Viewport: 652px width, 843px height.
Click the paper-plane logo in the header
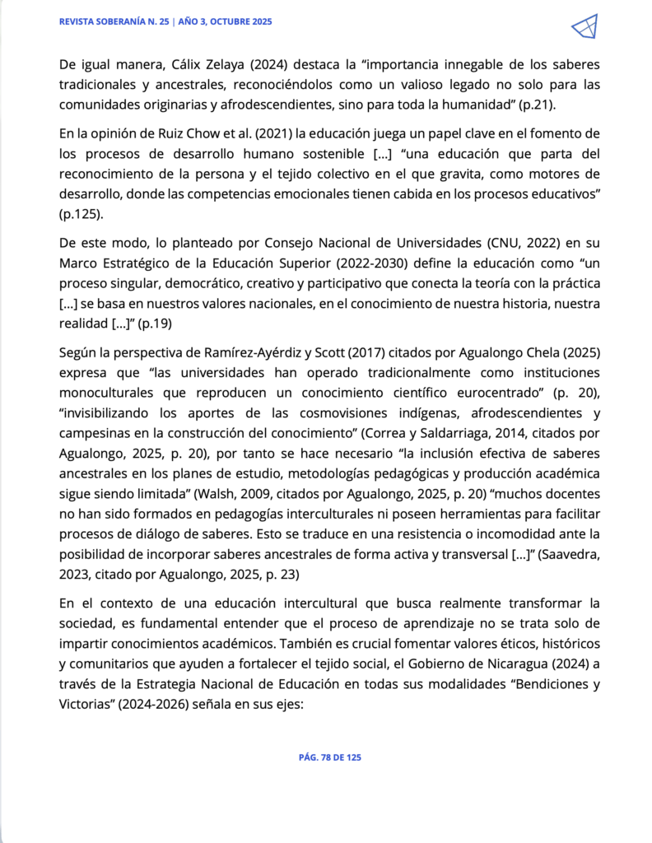(584, 27)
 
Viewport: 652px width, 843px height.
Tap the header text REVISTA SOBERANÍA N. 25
(114, 22)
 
